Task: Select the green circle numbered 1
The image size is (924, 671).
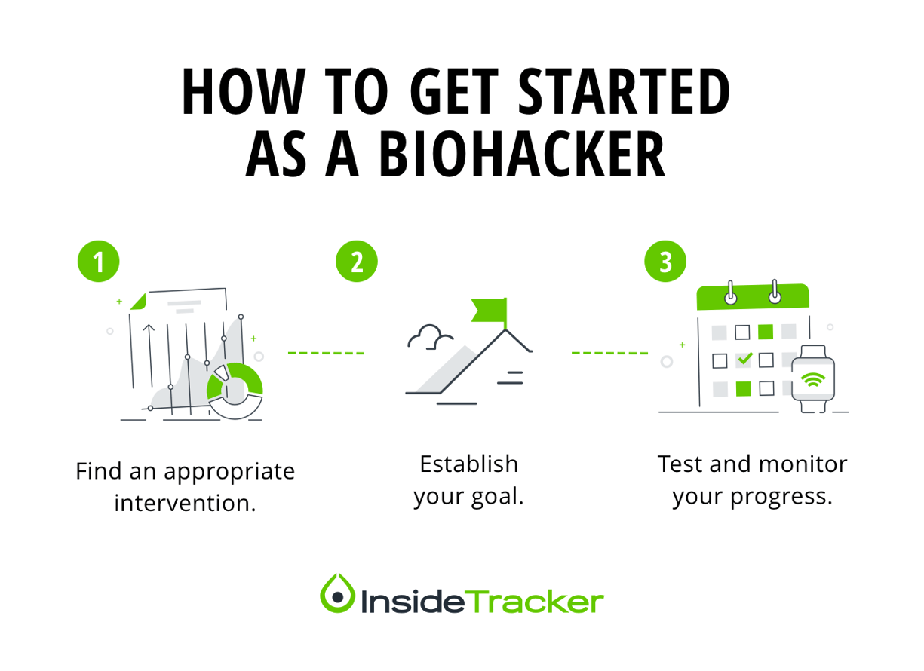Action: tap(99, 262)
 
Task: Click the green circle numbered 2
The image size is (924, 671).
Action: tap(356, 262)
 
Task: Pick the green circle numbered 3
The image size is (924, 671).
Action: tap(665, 262)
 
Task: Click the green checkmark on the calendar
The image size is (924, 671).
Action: tap(744, 360)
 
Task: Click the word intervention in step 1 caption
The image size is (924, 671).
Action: tap(185, 502)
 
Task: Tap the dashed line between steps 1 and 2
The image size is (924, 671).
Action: tap(326, 352)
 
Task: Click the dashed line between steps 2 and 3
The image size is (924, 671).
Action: tap(609, 352)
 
